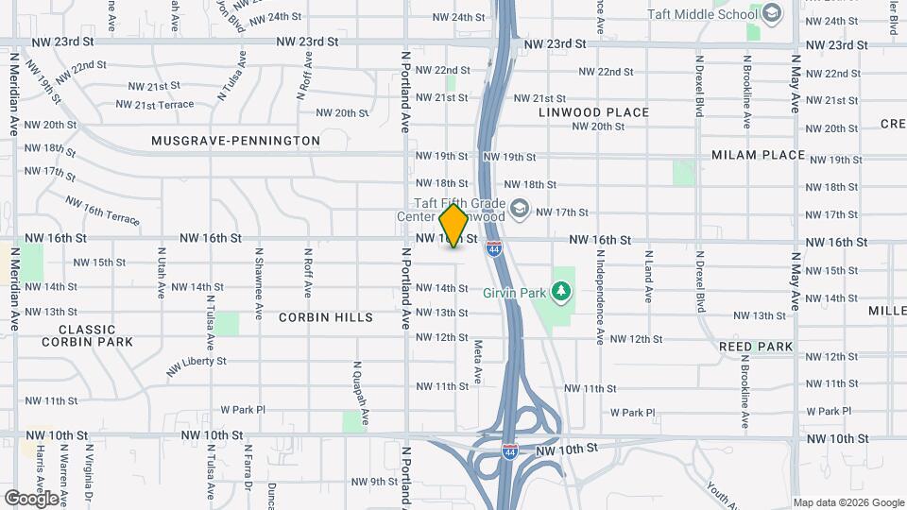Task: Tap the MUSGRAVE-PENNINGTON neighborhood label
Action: pos(235,141)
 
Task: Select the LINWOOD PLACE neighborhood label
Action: pos(594,112)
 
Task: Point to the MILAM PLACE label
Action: pos(758,155)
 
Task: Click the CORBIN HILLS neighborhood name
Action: pos(326,317)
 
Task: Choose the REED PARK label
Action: pos(756,347)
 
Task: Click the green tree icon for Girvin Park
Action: pos(564,290)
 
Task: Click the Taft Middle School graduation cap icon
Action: pos(772,13)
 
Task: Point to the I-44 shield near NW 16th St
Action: pos(494,249)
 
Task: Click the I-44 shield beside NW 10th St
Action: pos(510,451)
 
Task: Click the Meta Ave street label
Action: pos(478,362)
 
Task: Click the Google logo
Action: pos(31,498)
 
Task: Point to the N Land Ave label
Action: pos(648,276)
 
